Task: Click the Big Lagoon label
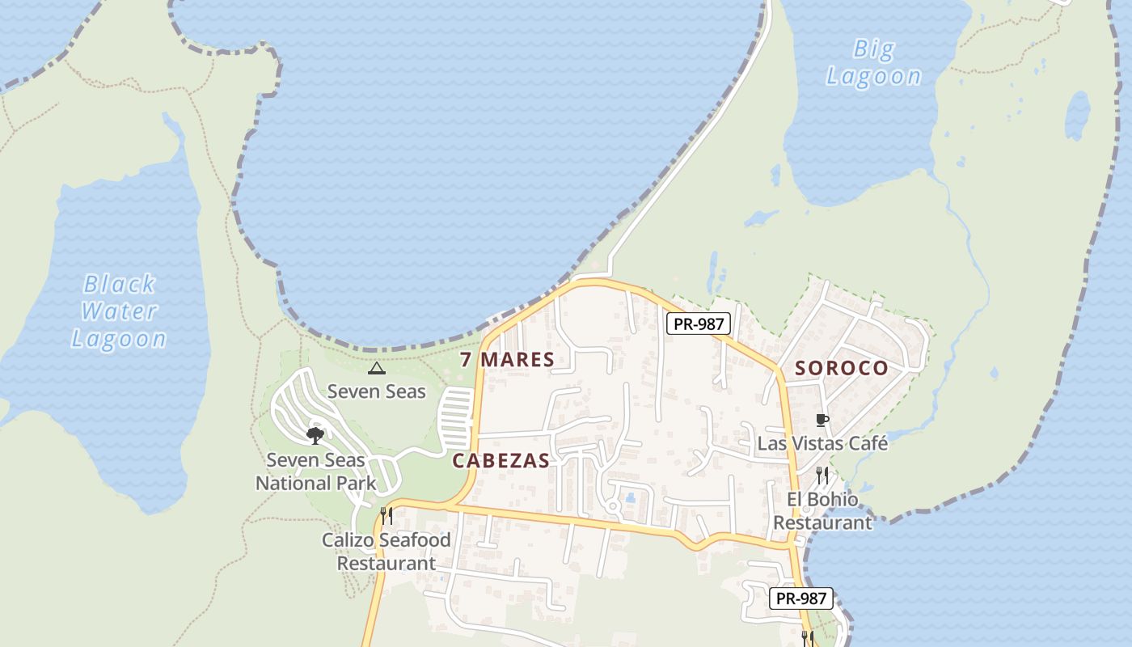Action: (x=873, y=63)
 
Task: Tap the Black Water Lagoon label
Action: (x=119, y=311)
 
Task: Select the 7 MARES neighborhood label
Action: (x=507, y=360)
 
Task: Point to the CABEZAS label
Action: (x=501, y=461)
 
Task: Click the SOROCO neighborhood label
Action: (x=842, y=369)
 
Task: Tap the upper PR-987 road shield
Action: (x=699, y=324)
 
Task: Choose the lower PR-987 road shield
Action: (x=800, y=598)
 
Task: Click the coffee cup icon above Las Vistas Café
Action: (x=822, y=420)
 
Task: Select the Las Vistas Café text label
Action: (x=822, y=443)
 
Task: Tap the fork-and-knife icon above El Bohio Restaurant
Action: (x=822, y=475)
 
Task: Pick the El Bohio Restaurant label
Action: (x=823, y=511)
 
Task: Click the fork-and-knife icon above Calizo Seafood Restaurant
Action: (x=386, y=515)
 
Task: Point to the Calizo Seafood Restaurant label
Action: (x=386, y=552)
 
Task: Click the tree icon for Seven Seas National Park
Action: (x=315, y=436)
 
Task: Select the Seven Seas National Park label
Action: (x=316, y=472)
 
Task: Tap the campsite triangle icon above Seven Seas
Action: (x=376, y=369)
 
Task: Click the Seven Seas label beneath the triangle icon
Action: (x=376, y=391)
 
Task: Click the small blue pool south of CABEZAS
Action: (x=630, y=498)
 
